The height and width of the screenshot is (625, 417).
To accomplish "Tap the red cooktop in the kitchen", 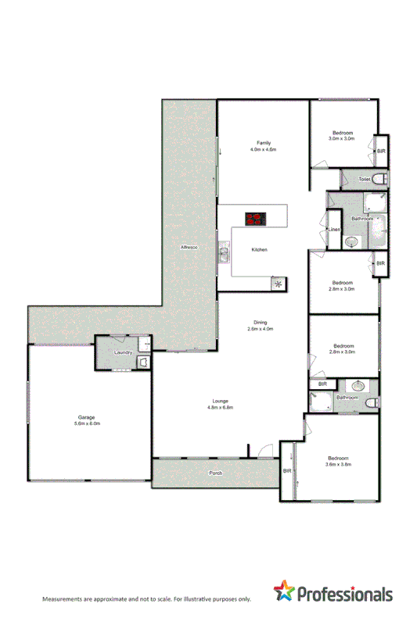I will point(255,219).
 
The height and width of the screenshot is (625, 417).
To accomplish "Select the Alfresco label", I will point(189,247).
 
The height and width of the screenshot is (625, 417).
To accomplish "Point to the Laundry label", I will point(123,353).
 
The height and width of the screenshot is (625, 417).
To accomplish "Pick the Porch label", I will point(216,473).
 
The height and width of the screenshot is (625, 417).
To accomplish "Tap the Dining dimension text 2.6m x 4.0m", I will point(259,329).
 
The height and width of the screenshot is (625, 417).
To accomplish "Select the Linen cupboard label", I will point(333,230).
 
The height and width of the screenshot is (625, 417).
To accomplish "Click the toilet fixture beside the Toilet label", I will point(379,180).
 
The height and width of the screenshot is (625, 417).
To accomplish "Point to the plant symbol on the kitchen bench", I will point(277,284).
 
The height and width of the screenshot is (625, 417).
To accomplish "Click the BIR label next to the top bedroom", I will point(381,151).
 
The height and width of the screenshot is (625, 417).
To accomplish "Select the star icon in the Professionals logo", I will point(284,592).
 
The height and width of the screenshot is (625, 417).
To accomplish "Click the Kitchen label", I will point(260,249).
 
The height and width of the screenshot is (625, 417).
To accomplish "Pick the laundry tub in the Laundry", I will point(144,362).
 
